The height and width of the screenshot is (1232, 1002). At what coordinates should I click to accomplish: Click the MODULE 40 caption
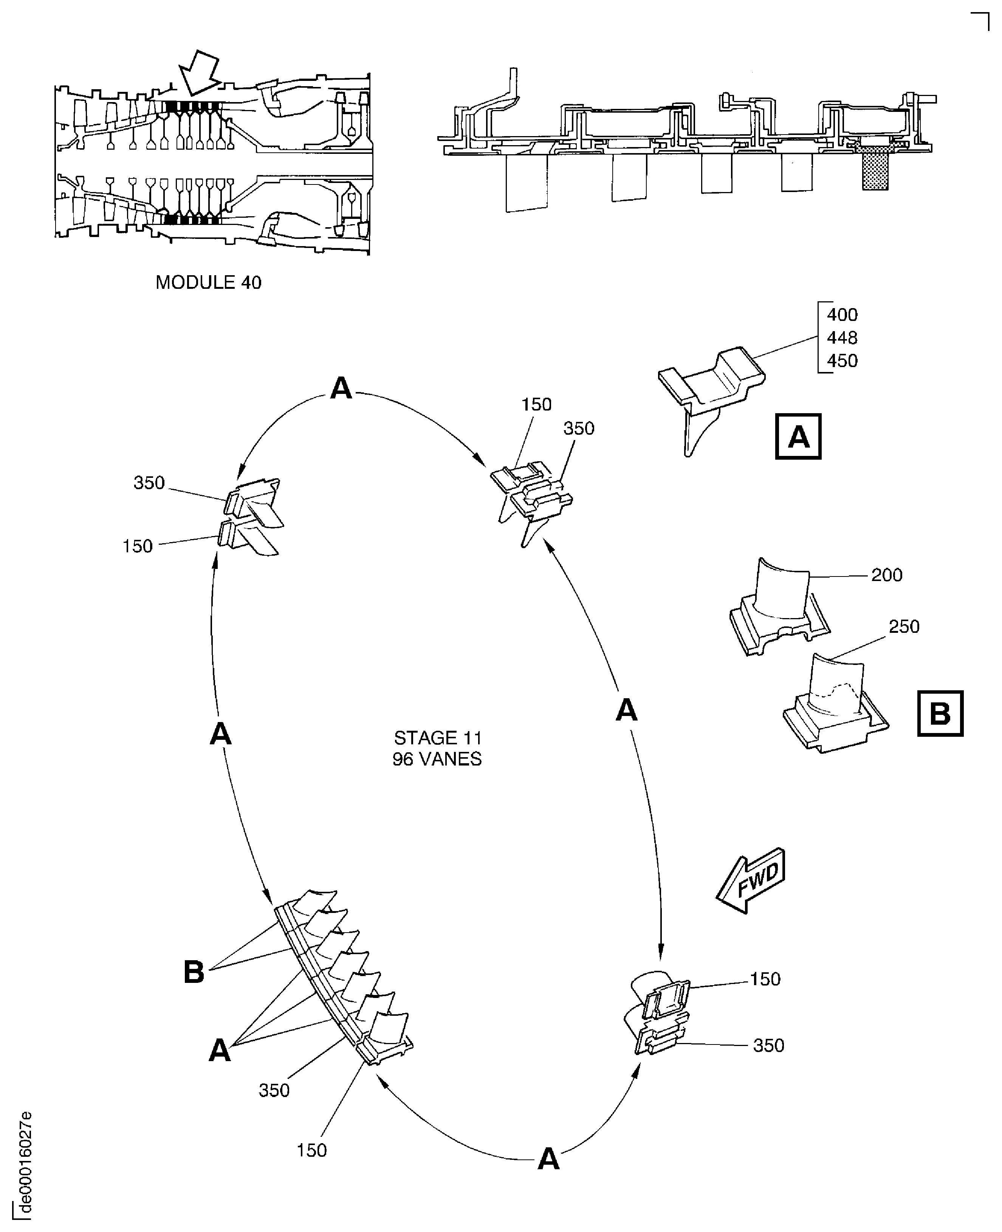point(208,282)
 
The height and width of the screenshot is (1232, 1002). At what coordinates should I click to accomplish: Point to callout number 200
point(887,575)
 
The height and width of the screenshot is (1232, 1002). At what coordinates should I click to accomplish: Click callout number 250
point(904,626)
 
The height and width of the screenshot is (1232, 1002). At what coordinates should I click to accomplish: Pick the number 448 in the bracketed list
point(842,338)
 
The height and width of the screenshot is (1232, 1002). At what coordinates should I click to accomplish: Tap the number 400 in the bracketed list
point(842,315)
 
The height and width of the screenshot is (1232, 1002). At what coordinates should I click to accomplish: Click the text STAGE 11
point(438,738)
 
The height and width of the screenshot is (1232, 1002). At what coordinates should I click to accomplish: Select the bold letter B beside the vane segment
point(194,972)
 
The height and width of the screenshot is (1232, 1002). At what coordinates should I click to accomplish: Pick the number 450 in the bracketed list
point(842,361)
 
